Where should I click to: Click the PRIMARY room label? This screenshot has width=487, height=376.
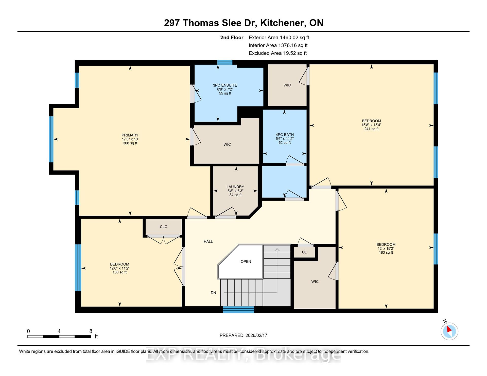click(130, 135)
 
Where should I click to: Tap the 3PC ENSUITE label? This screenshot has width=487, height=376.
click(225, 85)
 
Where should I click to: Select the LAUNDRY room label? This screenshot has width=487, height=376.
click(235, 187)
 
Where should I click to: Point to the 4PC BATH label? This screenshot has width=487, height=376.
click(285, 135)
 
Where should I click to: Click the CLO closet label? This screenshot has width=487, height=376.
click(164, 227)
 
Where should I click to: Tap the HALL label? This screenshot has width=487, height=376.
click(208, 242)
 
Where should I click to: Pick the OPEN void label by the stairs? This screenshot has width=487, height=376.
click(246, 261)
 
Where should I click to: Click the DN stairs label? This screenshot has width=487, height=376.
click(213, 293)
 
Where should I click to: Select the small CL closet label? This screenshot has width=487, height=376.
click(304, 252)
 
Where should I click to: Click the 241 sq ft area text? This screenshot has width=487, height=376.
click(371, 129)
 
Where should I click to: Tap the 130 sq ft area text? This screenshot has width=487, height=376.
click(119, 272)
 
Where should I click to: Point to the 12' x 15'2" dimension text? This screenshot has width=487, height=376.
click(386, 249)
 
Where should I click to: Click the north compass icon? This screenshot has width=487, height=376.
click(449, 331)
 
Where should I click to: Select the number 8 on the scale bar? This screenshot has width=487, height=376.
click(91, 331)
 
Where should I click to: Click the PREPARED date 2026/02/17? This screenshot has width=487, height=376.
click(256, 335)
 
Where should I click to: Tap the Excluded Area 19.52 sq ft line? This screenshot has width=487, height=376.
click(278, 53)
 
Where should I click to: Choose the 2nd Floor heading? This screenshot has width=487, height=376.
click(232, 37)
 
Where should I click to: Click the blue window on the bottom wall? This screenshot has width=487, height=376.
click(238, 309)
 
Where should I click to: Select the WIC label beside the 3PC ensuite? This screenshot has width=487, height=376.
click(287, 85)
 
